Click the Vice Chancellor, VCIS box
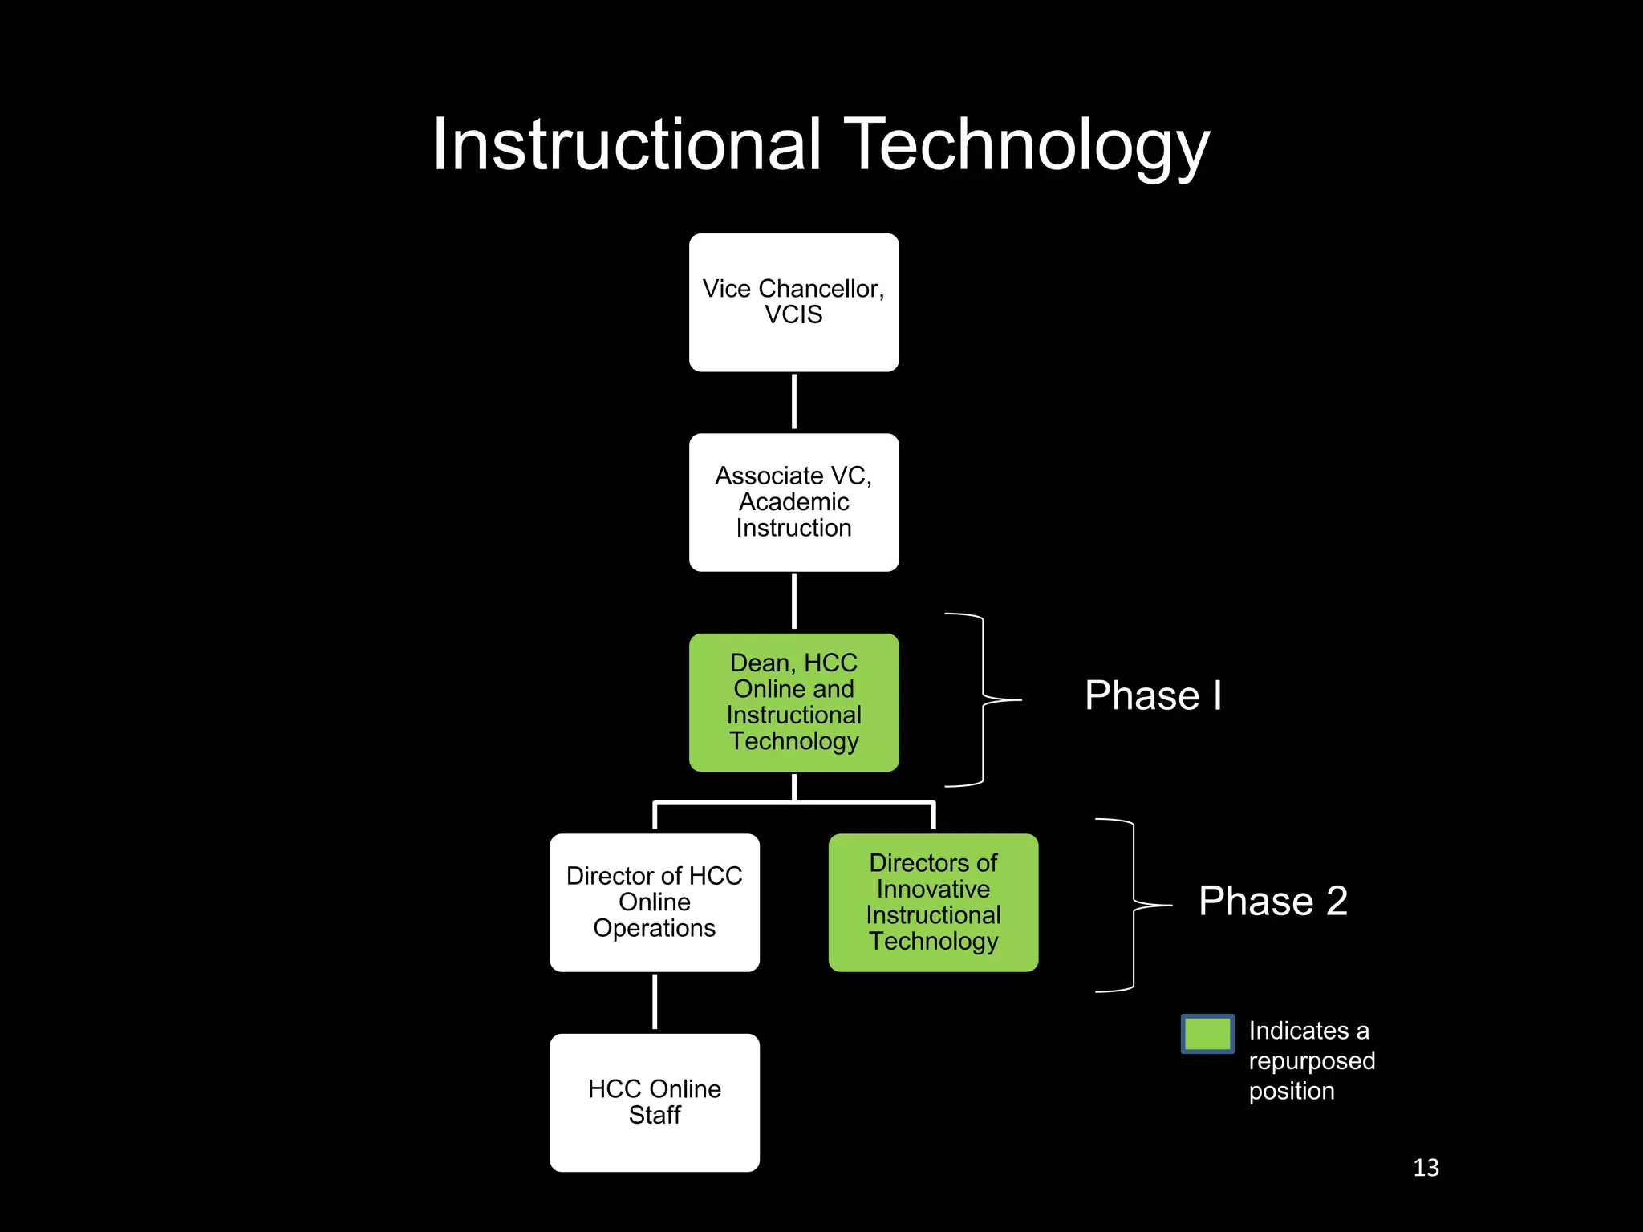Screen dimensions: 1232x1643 click(x=793, y=302)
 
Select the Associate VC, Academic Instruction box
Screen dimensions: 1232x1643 click(x=793, y=502)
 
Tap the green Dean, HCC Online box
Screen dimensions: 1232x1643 click(x=793, y=703)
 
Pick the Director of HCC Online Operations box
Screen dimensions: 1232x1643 click(x=655, y=902)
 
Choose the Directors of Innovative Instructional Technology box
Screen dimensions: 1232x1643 click(x=933, y=902)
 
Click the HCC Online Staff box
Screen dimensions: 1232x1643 click(x=655, y=1102)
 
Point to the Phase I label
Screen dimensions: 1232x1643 click(x=1153, y=695)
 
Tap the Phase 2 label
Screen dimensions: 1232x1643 click(x=1272, y=901)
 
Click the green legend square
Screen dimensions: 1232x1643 click(x=1207, y=1033)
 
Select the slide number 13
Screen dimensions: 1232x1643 click(x=1426, y=1168)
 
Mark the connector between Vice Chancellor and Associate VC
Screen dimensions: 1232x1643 click(x=794, y=402)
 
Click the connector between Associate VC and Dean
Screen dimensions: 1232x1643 click(x=794, y=602)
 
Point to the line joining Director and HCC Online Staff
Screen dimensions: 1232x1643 click(x=655, y=1002)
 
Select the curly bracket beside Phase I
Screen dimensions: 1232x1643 click(x=984, y=699)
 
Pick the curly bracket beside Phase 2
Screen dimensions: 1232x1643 click(x=1134, y=906)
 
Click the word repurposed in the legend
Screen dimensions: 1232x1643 click(x=1312, y=1061)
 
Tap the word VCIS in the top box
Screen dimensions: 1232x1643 click(x=793, y=315)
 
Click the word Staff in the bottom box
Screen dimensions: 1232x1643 click(x=655, y=1116)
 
